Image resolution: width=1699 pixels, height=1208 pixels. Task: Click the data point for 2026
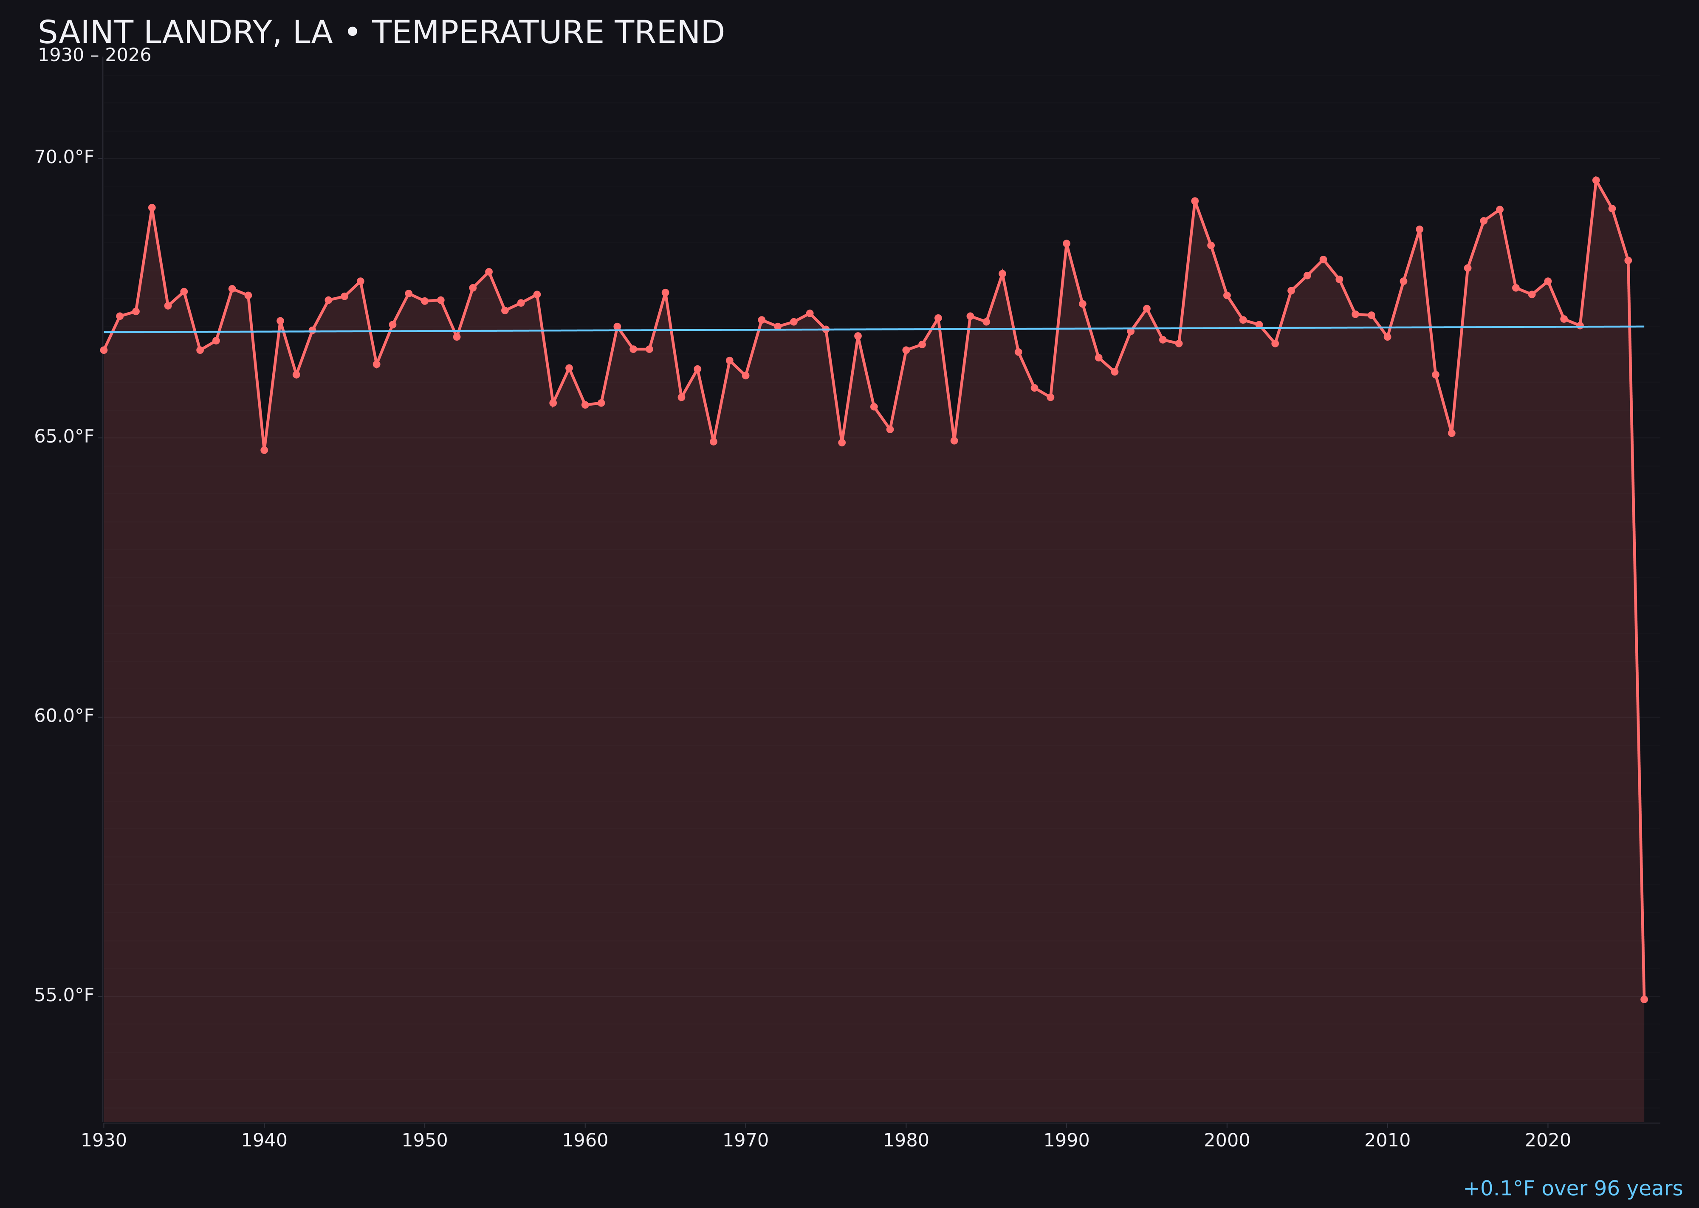pyautogui.click(x=1644, y=999)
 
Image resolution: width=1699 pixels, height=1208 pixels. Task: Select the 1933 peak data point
pyautogui.click(x=152, y=208)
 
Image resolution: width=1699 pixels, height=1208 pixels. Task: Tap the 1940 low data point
pyautogui.click(x=264, y=450)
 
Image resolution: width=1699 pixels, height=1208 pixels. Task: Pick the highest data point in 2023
pyautogui.click(x=1596, y=180)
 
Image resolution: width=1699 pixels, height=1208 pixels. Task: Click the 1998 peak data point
pyautogui.click(x=1195, y=201)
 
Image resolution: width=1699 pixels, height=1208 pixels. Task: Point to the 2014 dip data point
pyautogui.click(x=1451, y=433)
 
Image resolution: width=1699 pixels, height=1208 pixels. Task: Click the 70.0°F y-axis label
pyautogui.click(x=64, y=157)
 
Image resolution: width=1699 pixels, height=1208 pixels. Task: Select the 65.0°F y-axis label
pyautogui.click(x=64, y=436)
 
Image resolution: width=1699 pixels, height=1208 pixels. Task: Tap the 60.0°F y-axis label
pyautogui.click(x=64, y=716)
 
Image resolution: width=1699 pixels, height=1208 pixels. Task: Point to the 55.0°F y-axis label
pyautogui.click(x=64, y=995)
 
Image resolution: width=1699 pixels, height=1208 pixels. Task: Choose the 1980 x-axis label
pyautogui.click(x=906, y=1140)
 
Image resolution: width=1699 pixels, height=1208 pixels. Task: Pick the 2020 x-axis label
pyautogui.click(x=1548, y=1140)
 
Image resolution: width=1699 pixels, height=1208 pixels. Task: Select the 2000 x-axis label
pyautogui.click(x=1227, y=1140)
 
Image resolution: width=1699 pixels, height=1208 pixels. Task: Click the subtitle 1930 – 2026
pyautogui.click(x=94, y=56)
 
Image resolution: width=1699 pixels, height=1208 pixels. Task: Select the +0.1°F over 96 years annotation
pyautogui.click(x=1572, y=1188)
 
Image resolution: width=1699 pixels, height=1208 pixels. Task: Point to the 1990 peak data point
pyautogui.click(x=1066, y=243)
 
